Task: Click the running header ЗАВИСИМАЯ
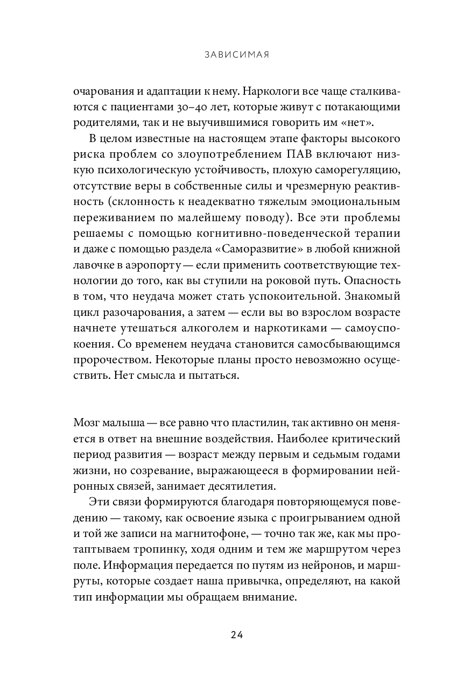[x=233, y=54]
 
